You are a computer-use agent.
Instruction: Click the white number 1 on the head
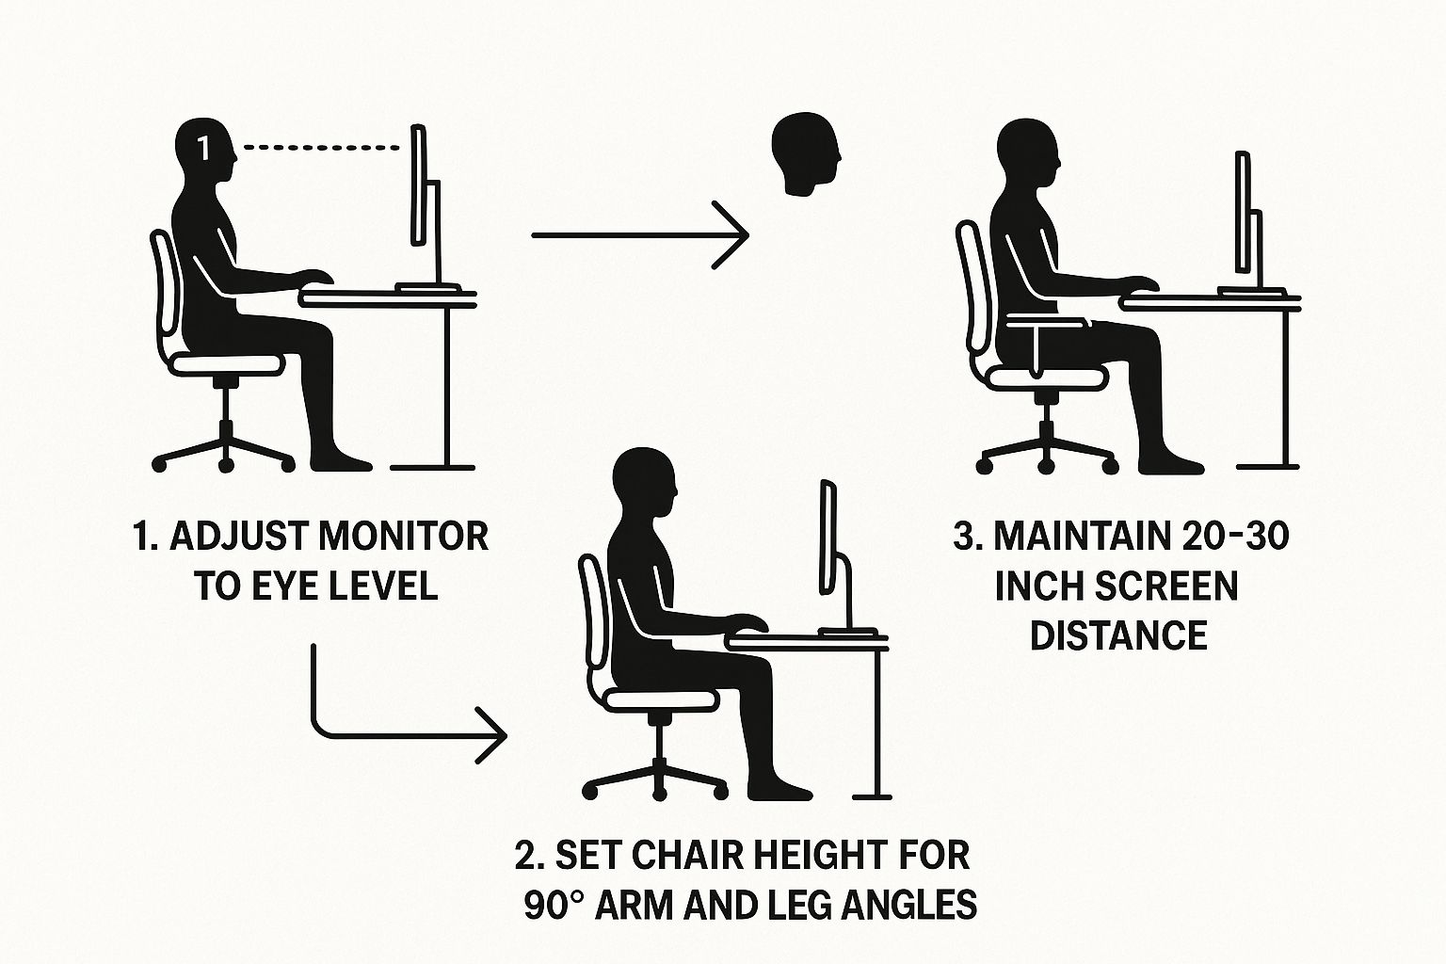tap(203, 149)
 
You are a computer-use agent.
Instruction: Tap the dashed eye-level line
tap(321, 148)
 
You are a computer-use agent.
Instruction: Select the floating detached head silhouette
tap(807, 154)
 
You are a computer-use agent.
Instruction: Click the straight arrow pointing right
tap(640, 235)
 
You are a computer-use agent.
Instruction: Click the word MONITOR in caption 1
tap(405, 537)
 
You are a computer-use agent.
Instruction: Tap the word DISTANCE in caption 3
tap(1118, 635)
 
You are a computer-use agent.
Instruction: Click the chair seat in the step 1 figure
tap(227, 363)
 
